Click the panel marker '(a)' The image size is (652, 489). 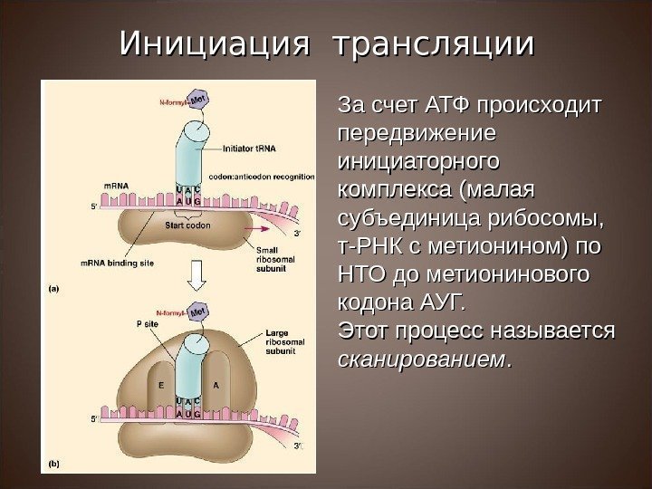pyautogui.click(x=53, y=289)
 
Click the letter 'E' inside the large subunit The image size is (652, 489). pyautogui.click(x=159, y=384)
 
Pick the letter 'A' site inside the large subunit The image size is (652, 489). pyautogui.click(x=216, y=384)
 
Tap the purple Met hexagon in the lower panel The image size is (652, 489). pyautogui.click(x=197, y=309)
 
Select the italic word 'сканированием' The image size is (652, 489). pyautogui.click(x=419, y=360)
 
